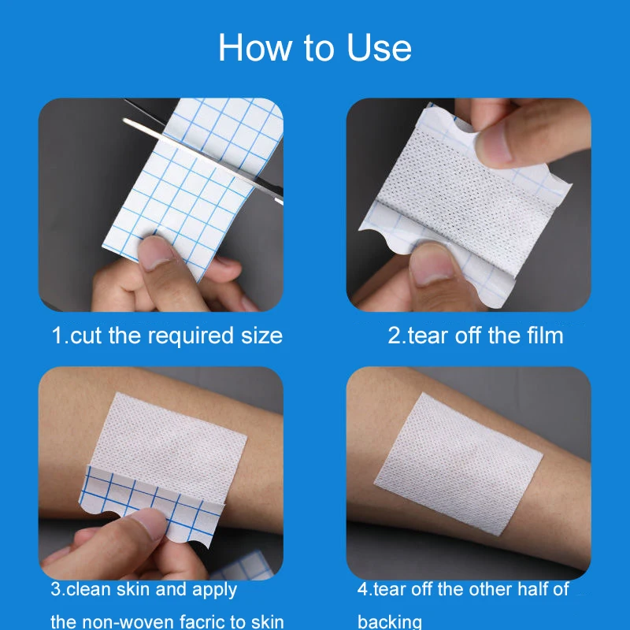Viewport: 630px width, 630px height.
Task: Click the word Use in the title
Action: pos(379,47)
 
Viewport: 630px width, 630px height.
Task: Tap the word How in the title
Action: pos(255,47)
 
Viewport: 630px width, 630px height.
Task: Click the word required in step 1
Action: pos(191,336)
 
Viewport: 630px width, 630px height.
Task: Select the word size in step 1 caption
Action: pos(261,336)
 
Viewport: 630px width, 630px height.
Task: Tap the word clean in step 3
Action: pos(88,589)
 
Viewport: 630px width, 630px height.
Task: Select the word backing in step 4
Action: pos(390,622)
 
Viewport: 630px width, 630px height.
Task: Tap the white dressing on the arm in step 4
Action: pos(458,464)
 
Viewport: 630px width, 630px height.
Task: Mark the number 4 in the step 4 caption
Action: pos(362,589)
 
